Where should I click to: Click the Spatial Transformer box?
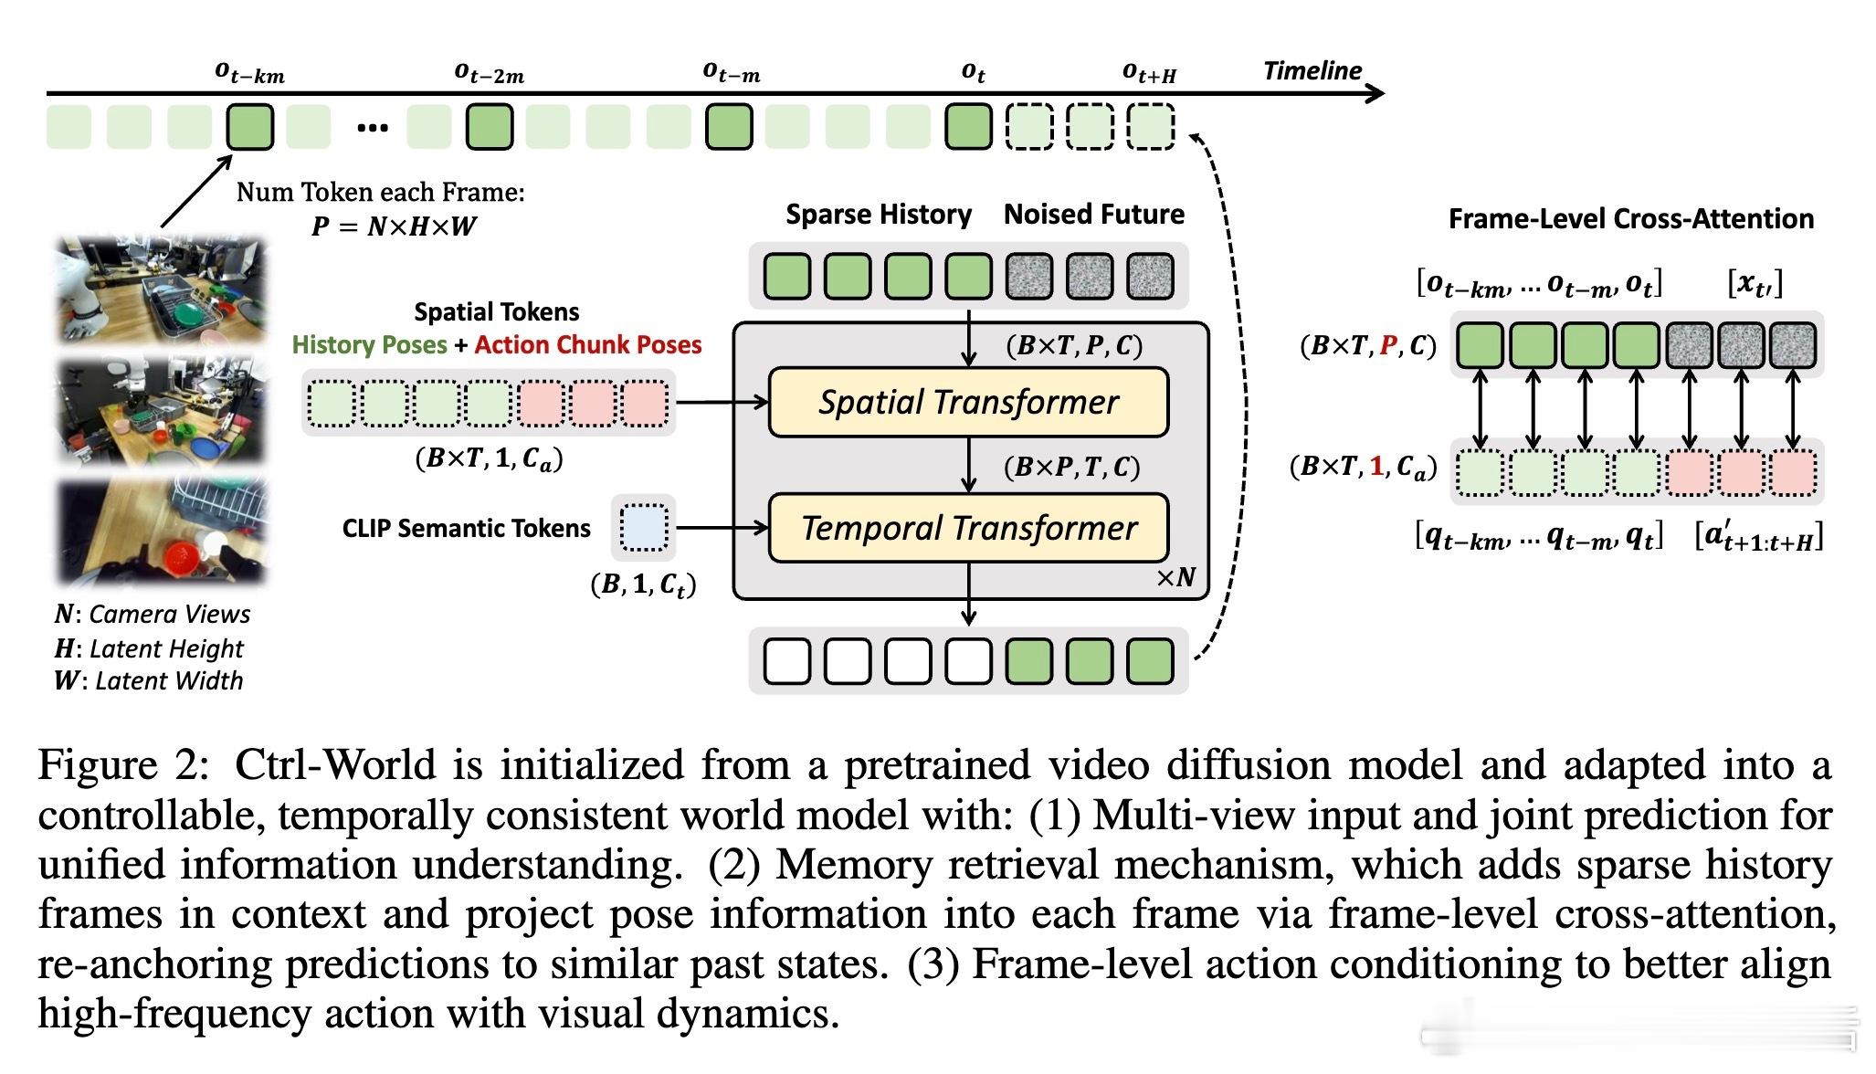pos(968,402)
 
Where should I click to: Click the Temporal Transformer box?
pos(968,528)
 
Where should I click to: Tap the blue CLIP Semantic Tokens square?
pos(644,528)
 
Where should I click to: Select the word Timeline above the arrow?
pos(1312,71)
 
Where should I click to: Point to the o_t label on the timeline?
pos(974,72)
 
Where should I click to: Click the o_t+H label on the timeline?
pos(1149,73)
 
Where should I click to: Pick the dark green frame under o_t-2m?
pos(490,127)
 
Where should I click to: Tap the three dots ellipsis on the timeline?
pos(373,128)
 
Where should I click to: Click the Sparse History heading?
pos(879,215)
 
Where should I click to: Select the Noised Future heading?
pos(1093,215)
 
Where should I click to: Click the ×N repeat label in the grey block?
pos(1175,577)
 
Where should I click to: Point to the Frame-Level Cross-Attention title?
pos(1630,219)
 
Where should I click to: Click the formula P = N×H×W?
pos(394,226)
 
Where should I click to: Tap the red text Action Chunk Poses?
pos(588,345)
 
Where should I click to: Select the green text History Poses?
pos(369,345)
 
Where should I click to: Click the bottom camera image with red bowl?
pos(163,532)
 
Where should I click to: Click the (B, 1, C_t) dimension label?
pos(643,584)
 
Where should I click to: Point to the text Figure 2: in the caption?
pos(124,765)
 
